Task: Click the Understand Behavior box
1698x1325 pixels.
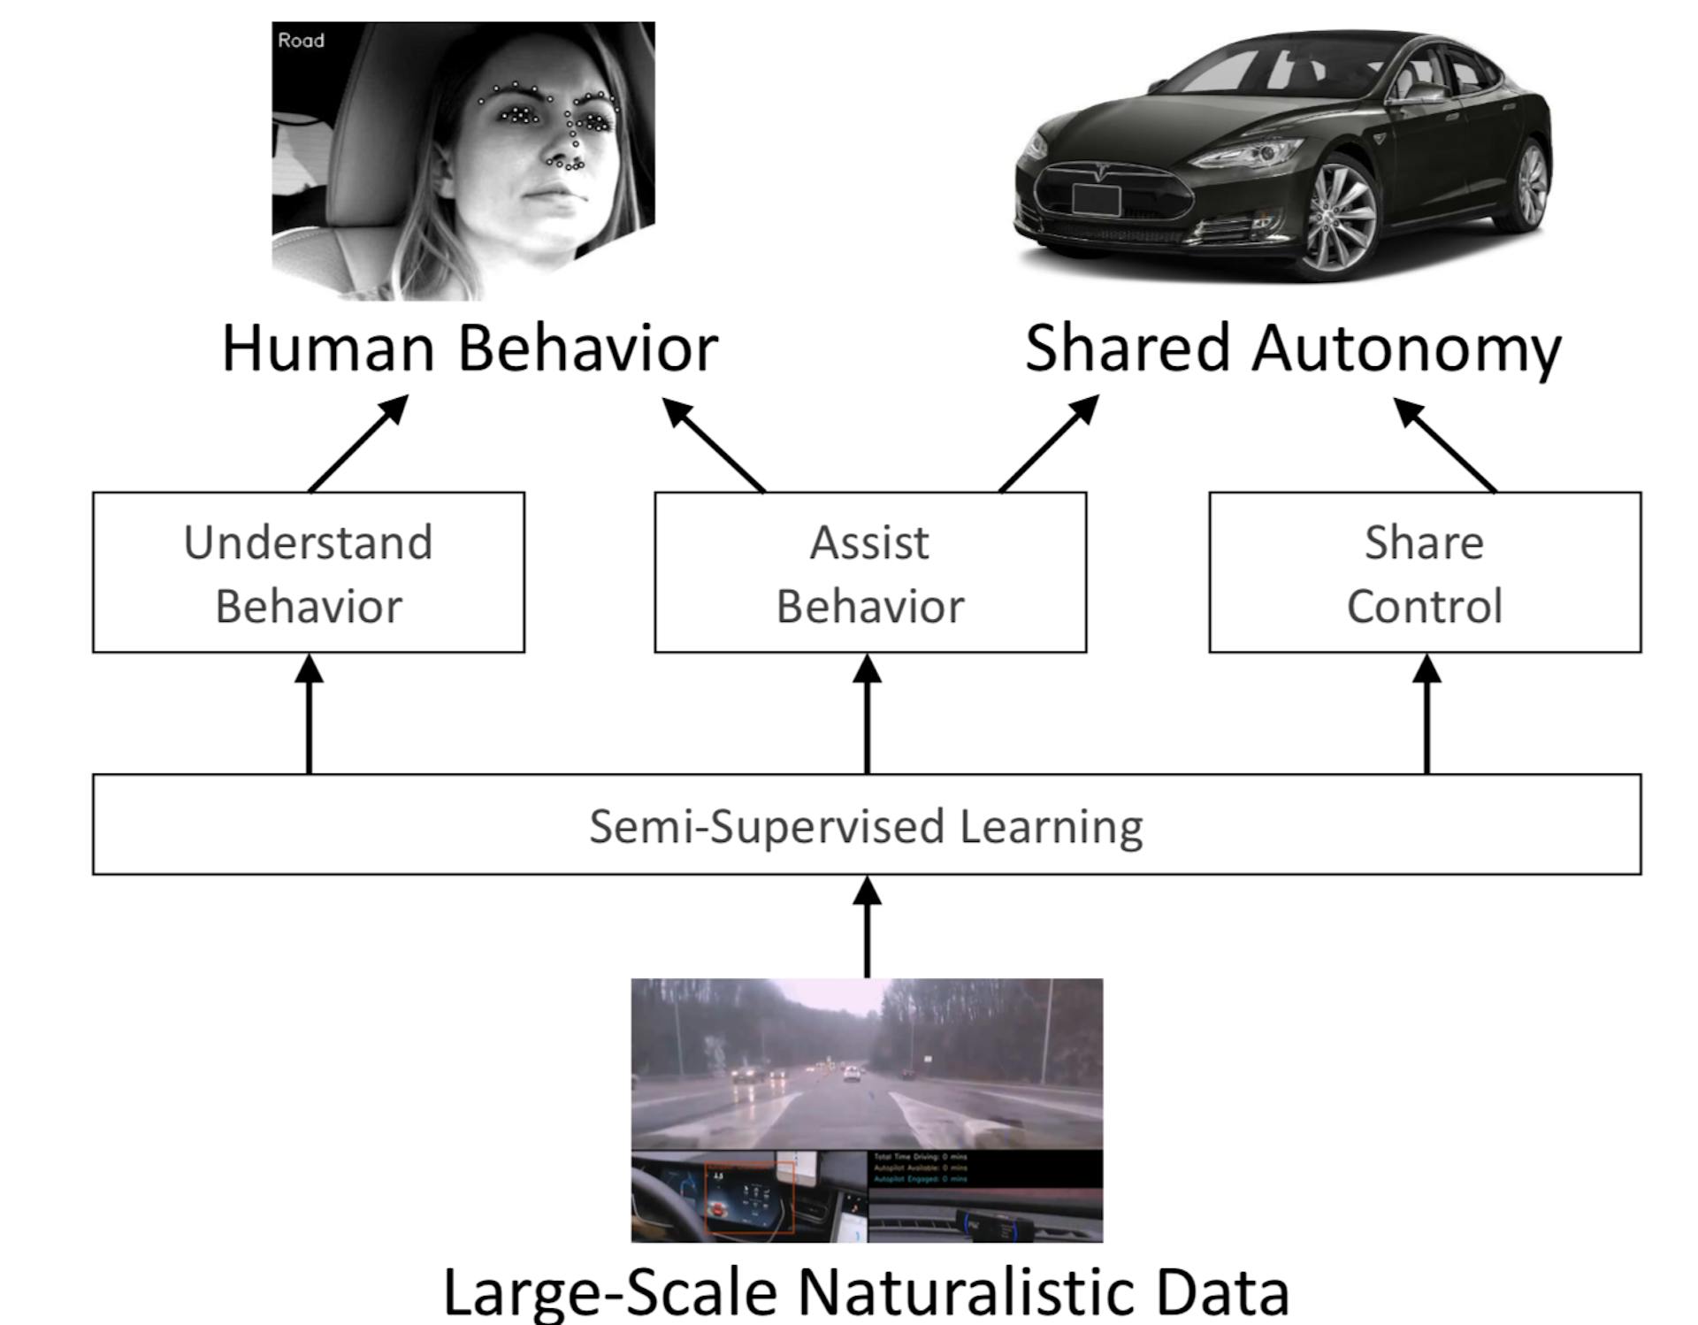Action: pos(308,573)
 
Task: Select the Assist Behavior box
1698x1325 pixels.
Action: pos(869,573)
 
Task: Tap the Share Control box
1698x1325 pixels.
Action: pos(1424,573)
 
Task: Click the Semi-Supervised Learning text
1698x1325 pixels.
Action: pos(866,826)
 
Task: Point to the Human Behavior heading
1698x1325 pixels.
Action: pos(469,348)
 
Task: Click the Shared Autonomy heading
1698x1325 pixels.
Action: pos(1292,348)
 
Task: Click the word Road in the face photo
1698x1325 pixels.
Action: pos(301,41)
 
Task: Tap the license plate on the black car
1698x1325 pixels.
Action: pos(1096,200)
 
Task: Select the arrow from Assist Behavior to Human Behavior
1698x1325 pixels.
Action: pos(714,445)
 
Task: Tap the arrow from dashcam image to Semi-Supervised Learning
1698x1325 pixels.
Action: pos(867,927)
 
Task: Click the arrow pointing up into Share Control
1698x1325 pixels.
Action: pos(1426,713)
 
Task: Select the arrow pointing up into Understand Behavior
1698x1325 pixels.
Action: pos(309,713)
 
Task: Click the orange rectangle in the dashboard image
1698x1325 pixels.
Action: pos(749,1197)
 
